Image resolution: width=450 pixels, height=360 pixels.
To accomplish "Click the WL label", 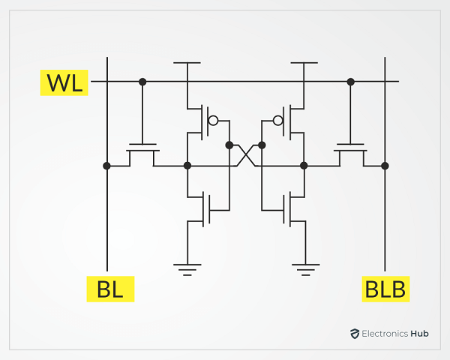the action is coord(64,82).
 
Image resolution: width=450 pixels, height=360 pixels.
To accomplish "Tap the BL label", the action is coord(110,289).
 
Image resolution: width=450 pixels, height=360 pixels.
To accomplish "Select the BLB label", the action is coord(385,289).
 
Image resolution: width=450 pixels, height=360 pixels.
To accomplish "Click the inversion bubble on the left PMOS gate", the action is coord(213,121).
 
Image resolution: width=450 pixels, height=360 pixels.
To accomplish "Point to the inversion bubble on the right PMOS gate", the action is coord(278,121).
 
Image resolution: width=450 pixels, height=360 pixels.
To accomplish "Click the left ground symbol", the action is coord(187,269).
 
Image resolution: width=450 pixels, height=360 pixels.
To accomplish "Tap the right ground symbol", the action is coord(306,269).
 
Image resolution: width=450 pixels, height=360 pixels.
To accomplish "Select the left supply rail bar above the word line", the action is coord(187,62).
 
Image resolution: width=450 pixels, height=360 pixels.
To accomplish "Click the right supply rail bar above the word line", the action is coord(304,62).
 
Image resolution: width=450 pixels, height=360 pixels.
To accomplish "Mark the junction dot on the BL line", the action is coord(106,166).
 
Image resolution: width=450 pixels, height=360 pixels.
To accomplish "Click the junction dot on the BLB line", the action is coord(385,166).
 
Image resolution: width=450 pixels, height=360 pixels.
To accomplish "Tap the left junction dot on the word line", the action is coord(142,82).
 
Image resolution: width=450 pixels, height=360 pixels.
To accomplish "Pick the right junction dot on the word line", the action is coord(351,82).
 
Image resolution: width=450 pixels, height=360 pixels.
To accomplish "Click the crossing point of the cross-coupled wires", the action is coord(246,155).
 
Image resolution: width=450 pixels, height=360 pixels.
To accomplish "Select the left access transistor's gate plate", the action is coord(143,145).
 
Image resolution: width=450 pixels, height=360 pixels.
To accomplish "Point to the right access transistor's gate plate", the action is coord(350,145).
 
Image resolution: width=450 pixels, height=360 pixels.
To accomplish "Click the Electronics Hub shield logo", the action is coord(355,334).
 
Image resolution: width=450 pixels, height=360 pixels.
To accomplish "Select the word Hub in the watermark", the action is coord(419,334).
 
